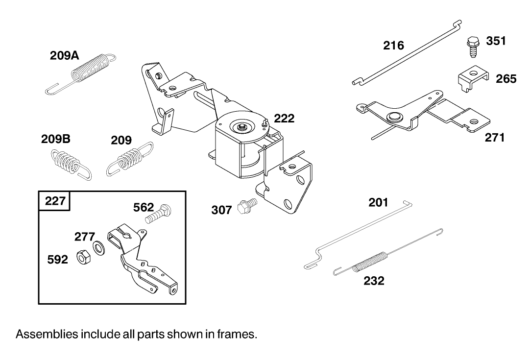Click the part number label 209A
tap(64, 56)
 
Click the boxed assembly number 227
tap(55, 201)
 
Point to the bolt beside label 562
tap(158, 214)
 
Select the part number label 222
tap(284, 118)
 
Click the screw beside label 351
tap(473, 46)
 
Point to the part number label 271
tap(495, 138)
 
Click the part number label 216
tap(393, 46)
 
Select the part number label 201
tap(378, 202)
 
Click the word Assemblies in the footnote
tap(47, 335)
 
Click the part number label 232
tap(374, 281)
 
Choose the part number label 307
tap(221, 210)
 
